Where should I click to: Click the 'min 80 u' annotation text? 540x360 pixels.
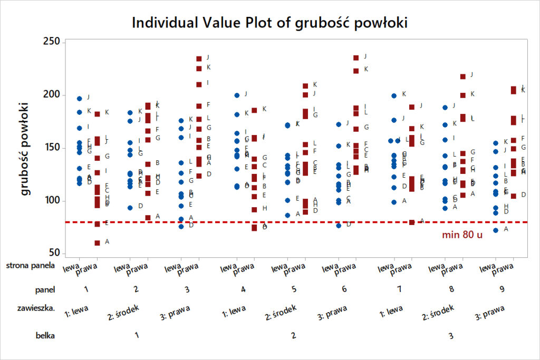462,235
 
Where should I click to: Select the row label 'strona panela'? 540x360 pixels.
31,266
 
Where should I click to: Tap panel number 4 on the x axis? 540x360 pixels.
243,289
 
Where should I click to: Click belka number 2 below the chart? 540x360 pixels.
293,335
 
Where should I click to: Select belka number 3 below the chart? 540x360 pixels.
451,335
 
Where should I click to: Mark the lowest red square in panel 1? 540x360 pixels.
97,242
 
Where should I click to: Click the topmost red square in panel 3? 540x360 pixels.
199,59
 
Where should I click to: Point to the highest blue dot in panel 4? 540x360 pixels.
237,95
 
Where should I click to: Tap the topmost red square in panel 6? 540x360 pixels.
356,57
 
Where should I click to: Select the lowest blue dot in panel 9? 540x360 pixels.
495,230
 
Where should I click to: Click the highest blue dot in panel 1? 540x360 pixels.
80,99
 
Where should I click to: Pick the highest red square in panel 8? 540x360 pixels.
462,76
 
